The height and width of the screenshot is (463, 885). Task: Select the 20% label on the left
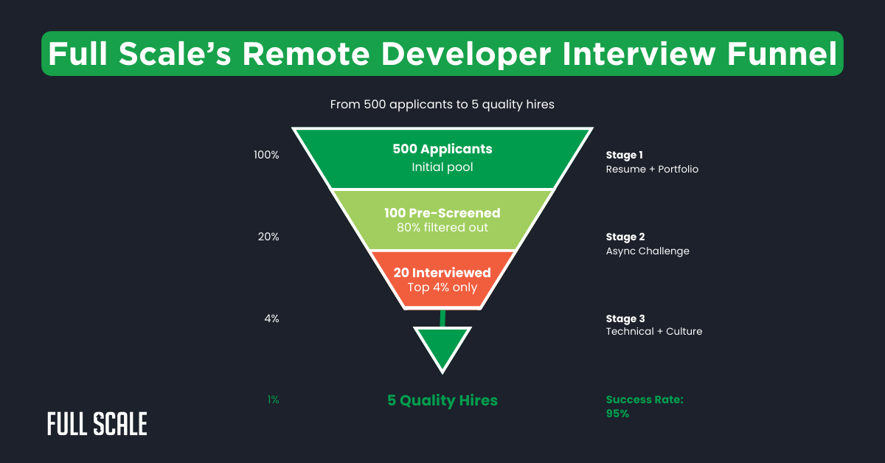tap(268, 237)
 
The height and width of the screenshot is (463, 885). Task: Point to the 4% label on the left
tap(271, 319)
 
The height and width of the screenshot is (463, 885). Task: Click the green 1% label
tap(273, 400)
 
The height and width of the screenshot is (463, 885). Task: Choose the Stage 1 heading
tap(625, 156)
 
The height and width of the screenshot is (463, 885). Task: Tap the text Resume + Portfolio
tap(652, 170)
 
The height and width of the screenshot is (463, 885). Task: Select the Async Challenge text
tap(648, 251)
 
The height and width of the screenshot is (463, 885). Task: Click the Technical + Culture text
tap(654, 332)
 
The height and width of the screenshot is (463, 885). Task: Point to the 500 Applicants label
tap(442, 149)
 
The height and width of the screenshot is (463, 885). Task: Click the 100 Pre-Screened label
tap(442, 213)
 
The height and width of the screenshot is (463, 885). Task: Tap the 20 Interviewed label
tap(442, 273)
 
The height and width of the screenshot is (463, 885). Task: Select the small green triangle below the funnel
tap(442, 345)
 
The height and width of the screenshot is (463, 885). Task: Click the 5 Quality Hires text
tap(442, 401)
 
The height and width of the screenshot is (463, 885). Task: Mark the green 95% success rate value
tap(618, 414)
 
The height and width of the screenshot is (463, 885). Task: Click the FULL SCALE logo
tap(97, 424)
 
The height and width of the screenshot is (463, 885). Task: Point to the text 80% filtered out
tap(442, 227)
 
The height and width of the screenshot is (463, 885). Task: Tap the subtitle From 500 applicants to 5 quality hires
tap(442, 105)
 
